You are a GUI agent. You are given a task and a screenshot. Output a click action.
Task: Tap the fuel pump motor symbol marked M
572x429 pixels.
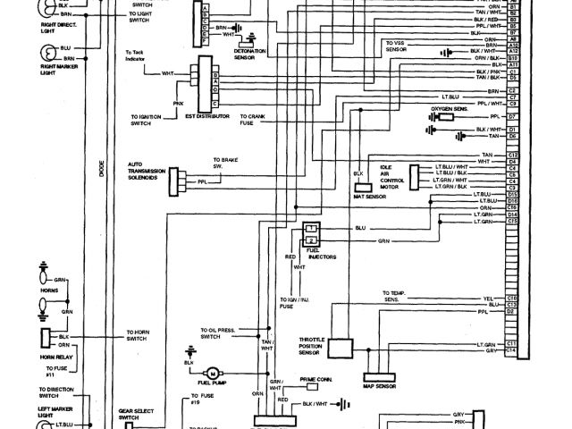(x=213, y=371)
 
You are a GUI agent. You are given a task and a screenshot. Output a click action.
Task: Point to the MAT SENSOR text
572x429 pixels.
(x=368, y=195)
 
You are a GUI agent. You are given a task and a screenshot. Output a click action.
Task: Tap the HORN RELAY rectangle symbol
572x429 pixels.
(x=44, y=340)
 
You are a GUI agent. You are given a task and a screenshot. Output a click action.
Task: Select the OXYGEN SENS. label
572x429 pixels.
(x=450, y=109)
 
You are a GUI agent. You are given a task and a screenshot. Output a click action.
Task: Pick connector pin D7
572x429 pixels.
(x=513, y=117)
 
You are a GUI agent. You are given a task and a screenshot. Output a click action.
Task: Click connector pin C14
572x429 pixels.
(x=512, y=351)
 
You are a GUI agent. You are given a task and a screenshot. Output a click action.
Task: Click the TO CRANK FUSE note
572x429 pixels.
(x=267, y=120)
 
